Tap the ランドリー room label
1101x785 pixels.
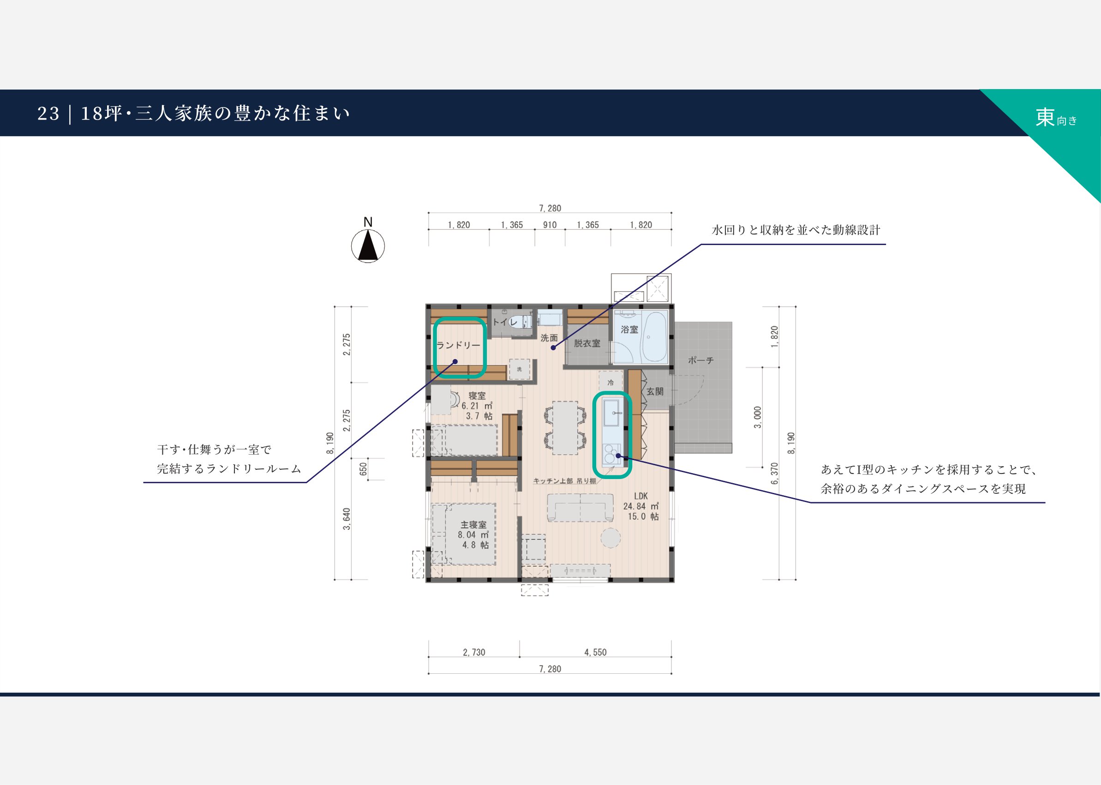pyautogui.click(x=458, y=345)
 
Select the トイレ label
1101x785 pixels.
pyautogui.click(x=504, y=322)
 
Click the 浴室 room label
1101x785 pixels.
pyautogui.click(x=629, y=330)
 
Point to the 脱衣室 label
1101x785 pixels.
pyautogui.click(x=587, y=343)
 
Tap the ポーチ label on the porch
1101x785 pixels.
pyautogui.click(x=701, y=360)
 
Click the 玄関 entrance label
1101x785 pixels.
pyautogui.click(x=655, y=391)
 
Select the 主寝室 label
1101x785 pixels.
pyautogui.click(x=473, y=524)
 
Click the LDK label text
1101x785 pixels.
pyautogui.click(x=641, y=496)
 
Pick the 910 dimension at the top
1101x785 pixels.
pyautogui.click(x=550, y=225)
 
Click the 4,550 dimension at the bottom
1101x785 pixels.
pyautogui.click(x=595, y=652)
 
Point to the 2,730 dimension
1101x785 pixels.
pyautogui.click(x=473, y=652)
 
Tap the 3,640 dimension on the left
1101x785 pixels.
pyautogui.click(x=347, y=519)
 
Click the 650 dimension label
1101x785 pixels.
pyautogui.click(x=364, y=469)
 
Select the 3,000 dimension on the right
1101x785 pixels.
pyautogui.click(x=757, y=417)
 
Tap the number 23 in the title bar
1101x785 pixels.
pyautogui.click(x=48, y=114)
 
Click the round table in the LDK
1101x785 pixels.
pyautogui.click(x=610, y=538)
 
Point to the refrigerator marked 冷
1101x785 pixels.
pyautogui.click(x=611, y=381)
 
